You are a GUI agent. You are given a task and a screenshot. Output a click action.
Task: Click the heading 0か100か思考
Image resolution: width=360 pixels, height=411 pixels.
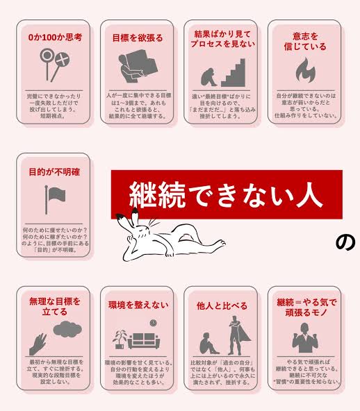click(54, 36)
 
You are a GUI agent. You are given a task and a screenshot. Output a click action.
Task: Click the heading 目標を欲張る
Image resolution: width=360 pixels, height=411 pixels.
click(137, 36)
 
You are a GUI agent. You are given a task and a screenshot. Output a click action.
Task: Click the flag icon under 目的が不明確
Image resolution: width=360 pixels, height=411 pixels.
click(54, 199)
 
